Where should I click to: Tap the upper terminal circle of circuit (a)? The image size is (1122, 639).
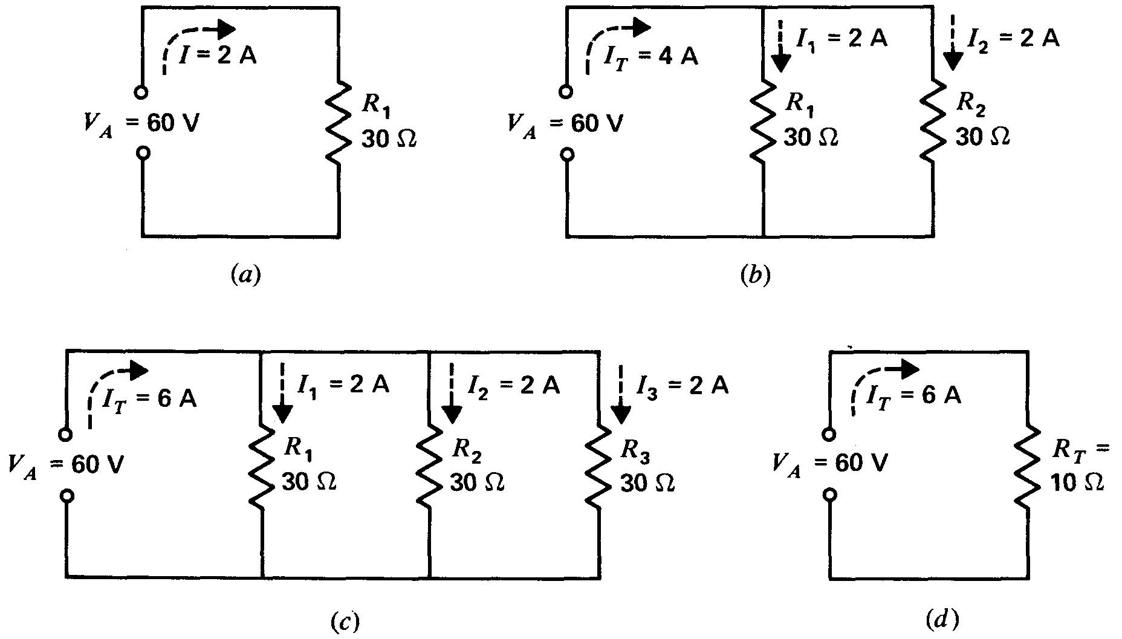142,92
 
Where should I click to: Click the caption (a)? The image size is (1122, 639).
246,276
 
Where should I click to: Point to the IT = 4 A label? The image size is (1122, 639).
651,56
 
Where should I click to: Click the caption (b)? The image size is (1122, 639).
756,276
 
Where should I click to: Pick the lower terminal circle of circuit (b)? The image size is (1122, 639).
566,155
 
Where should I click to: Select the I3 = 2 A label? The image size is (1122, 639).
683,385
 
